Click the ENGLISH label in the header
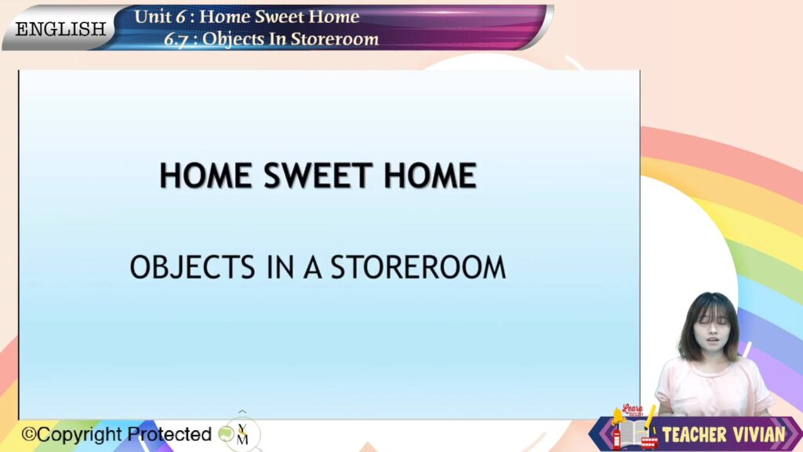pyautogui.click(x=60, y=29)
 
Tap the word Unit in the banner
pyautogui.click(x=153, y=16)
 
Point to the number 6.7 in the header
pyautogui.click(x=175, y=39)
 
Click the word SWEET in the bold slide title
pyautogui.click(x=318, y=175)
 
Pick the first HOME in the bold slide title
pyautogui.click(x=206, y=175)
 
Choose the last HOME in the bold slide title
pyautogui.click(x=431, y=175)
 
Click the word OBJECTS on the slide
pyautogui.click(x=193, y=267)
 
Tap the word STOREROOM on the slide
pyautogui.click(x=418, y=267)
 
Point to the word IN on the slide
pyautogui.click(x=281, y=267)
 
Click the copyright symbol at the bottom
pyautogui.click(x=29, y=435)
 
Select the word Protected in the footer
pyautogui.click(x=169, y=434)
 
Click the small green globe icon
pyautogui.click(x=226, y=434)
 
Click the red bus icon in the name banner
pyautogui.click(x=649, y=443)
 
